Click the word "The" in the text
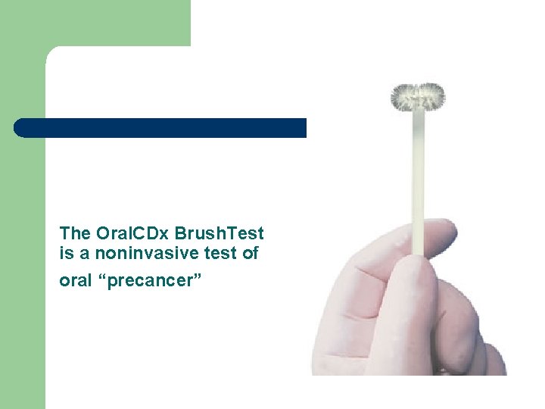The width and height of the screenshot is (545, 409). (x=73, y=233)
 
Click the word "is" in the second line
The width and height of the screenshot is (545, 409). (x=65, y=254)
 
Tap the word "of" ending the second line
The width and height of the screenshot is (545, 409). (x=251, y=254)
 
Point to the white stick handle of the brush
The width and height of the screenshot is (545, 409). (x=417, y=182)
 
